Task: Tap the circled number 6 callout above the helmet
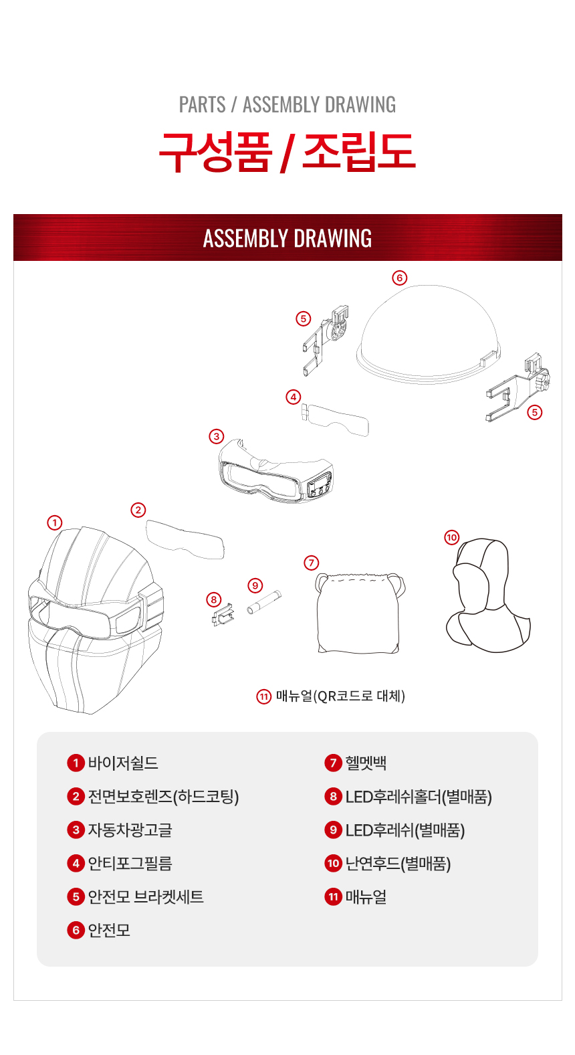399,278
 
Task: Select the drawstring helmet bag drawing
359,613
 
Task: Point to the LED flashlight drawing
264,602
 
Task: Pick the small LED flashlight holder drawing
223,615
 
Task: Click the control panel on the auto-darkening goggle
319,484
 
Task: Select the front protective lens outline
185,539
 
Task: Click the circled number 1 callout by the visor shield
55,522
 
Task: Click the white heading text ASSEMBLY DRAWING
287,238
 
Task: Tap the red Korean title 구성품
215,152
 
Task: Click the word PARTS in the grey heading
202,104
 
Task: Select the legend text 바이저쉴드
123,763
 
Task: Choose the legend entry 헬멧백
366,763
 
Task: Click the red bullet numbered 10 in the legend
333,863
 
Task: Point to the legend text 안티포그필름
130,863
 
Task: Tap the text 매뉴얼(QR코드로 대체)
340,696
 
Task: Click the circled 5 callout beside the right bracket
534,413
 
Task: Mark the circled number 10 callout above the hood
452,537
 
